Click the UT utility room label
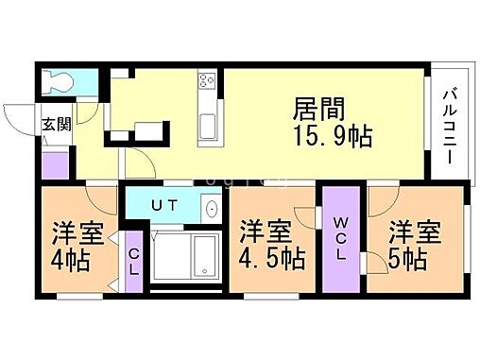(164, 204)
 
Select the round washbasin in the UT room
(211, 210)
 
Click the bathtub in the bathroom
(198, 256)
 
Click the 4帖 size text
(71, 260)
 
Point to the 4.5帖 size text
(269, 257)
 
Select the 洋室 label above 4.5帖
(264, 231)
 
